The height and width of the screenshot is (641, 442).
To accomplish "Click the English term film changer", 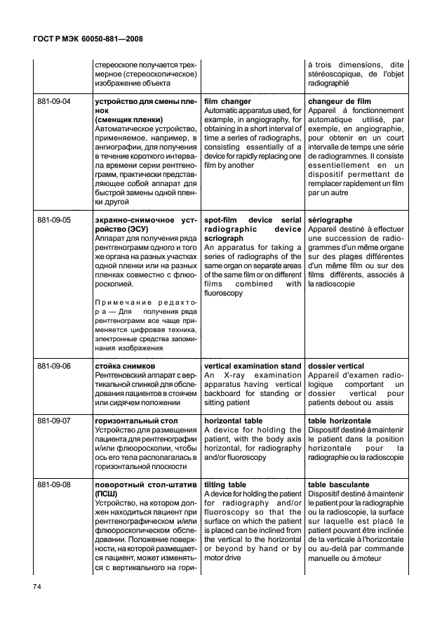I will click(x=227, y=102).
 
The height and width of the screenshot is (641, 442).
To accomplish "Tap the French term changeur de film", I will click(x=339, y=102).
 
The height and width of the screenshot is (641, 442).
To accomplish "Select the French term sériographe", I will click(x=330, y=220).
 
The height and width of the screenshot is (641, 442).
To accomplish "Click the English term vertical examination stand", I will click(x=252, y=366).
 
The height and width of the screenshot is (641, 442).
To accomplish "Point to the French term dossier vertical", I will click(x=336, y=366).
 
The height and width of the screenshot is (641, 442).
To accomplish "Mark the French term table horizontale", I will click(x=341, y=421).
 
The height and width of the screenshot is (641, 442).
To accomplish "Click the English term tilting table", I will click(x=225, y=484).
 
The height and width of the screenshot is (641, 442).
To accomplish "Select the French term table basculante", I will click(x=339, y=484).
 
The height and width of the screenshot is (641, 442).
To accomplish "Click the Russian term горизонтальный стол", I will click(x=135, y=421).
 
